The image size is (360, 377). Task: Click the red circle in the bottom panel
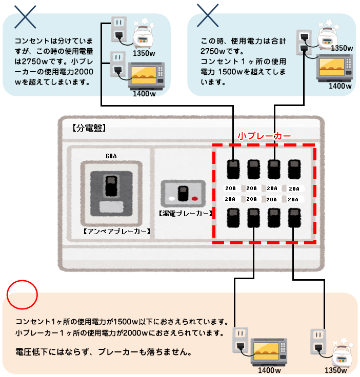23,294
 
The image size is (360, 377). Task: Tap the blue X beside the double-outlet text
208,16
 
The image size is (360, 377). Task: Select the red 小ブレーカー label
265,136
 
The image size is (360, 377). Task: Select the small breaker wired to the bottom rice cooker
294,218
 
